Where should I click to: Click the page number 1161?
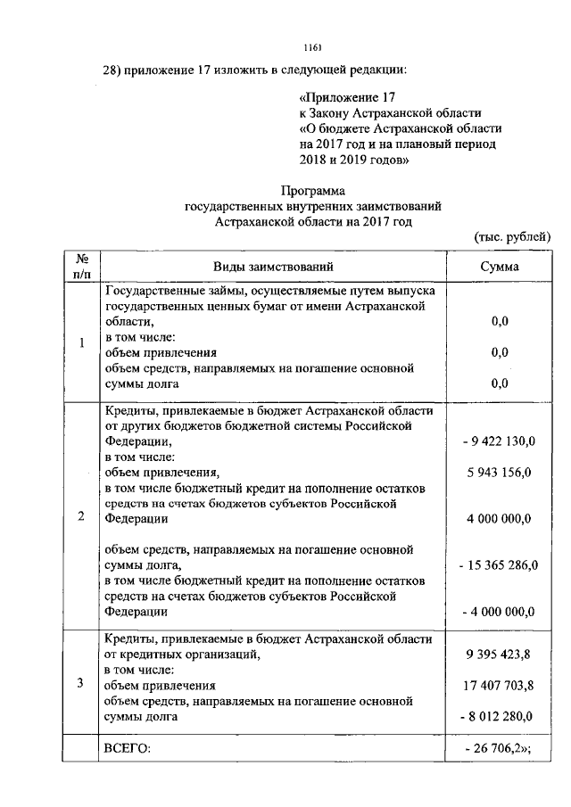(x=312, y=46)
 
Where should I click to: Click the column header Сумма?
(x=500, y=267)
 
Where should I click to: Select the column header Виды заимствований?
(x=273, y=267)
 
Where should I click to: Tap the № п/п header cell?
(x=81, y=267)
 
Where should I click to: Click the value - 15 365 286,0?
(x=497, y=564)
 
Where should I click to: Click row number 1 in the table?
(x=81, y=343)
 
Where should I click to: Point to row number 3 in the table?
(x=81, y=684)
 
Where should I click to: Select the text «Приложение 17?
(x=346, y=96)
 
